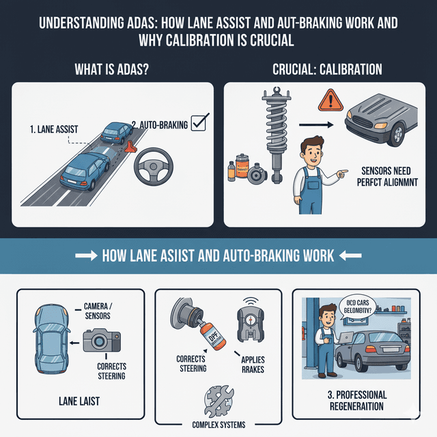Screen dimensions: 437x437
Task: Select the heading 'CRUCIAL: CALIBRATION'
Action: click(324, 71)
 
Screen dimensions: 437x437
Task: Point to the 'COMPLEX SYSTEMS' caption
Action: click(218, 428)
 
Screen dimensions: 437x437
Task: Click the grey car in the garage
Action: click(378, 348)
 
